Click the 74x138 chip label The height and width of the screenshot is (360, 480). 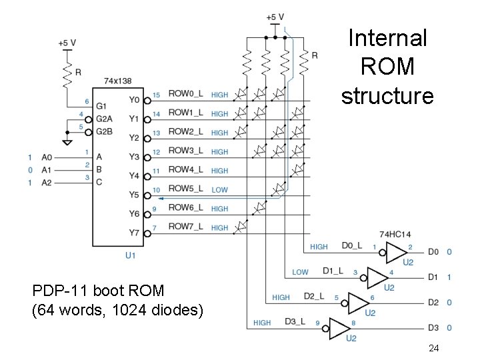pos(117,81)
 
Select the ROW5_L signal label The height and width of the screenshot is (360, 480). pos(185,189)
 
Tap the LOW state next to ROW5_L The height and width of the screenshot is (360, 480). pos(219,190)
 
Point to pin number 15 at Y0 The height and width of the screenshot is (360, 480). pos(156,95)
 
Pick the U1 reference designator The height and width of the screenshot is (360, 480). pos(130,255)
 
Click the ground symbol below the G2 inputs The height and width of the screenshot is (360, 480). pos(67,142)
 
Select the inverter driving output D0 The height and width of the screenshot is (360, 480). pos(399,251)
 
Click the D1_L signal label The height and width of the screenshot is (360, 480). pos(333,271)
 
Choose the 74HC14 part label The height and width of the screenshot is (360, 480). pos(395,234)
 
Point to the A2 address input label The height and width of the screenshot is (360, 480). pos(46,182)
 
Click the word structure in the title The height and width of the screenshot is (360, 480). pos(387,95)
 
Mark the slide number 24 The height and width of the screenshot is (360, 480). pos(433,347)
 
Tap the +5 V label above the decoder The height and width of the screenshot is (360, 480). pos(67,43)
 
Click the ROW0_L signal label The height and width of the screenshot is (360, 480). pos(185,94)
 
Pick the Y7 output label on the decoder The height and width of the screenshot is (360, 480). pos(134,233)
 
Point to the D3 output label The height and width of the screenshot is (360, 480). pos(433,327)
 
